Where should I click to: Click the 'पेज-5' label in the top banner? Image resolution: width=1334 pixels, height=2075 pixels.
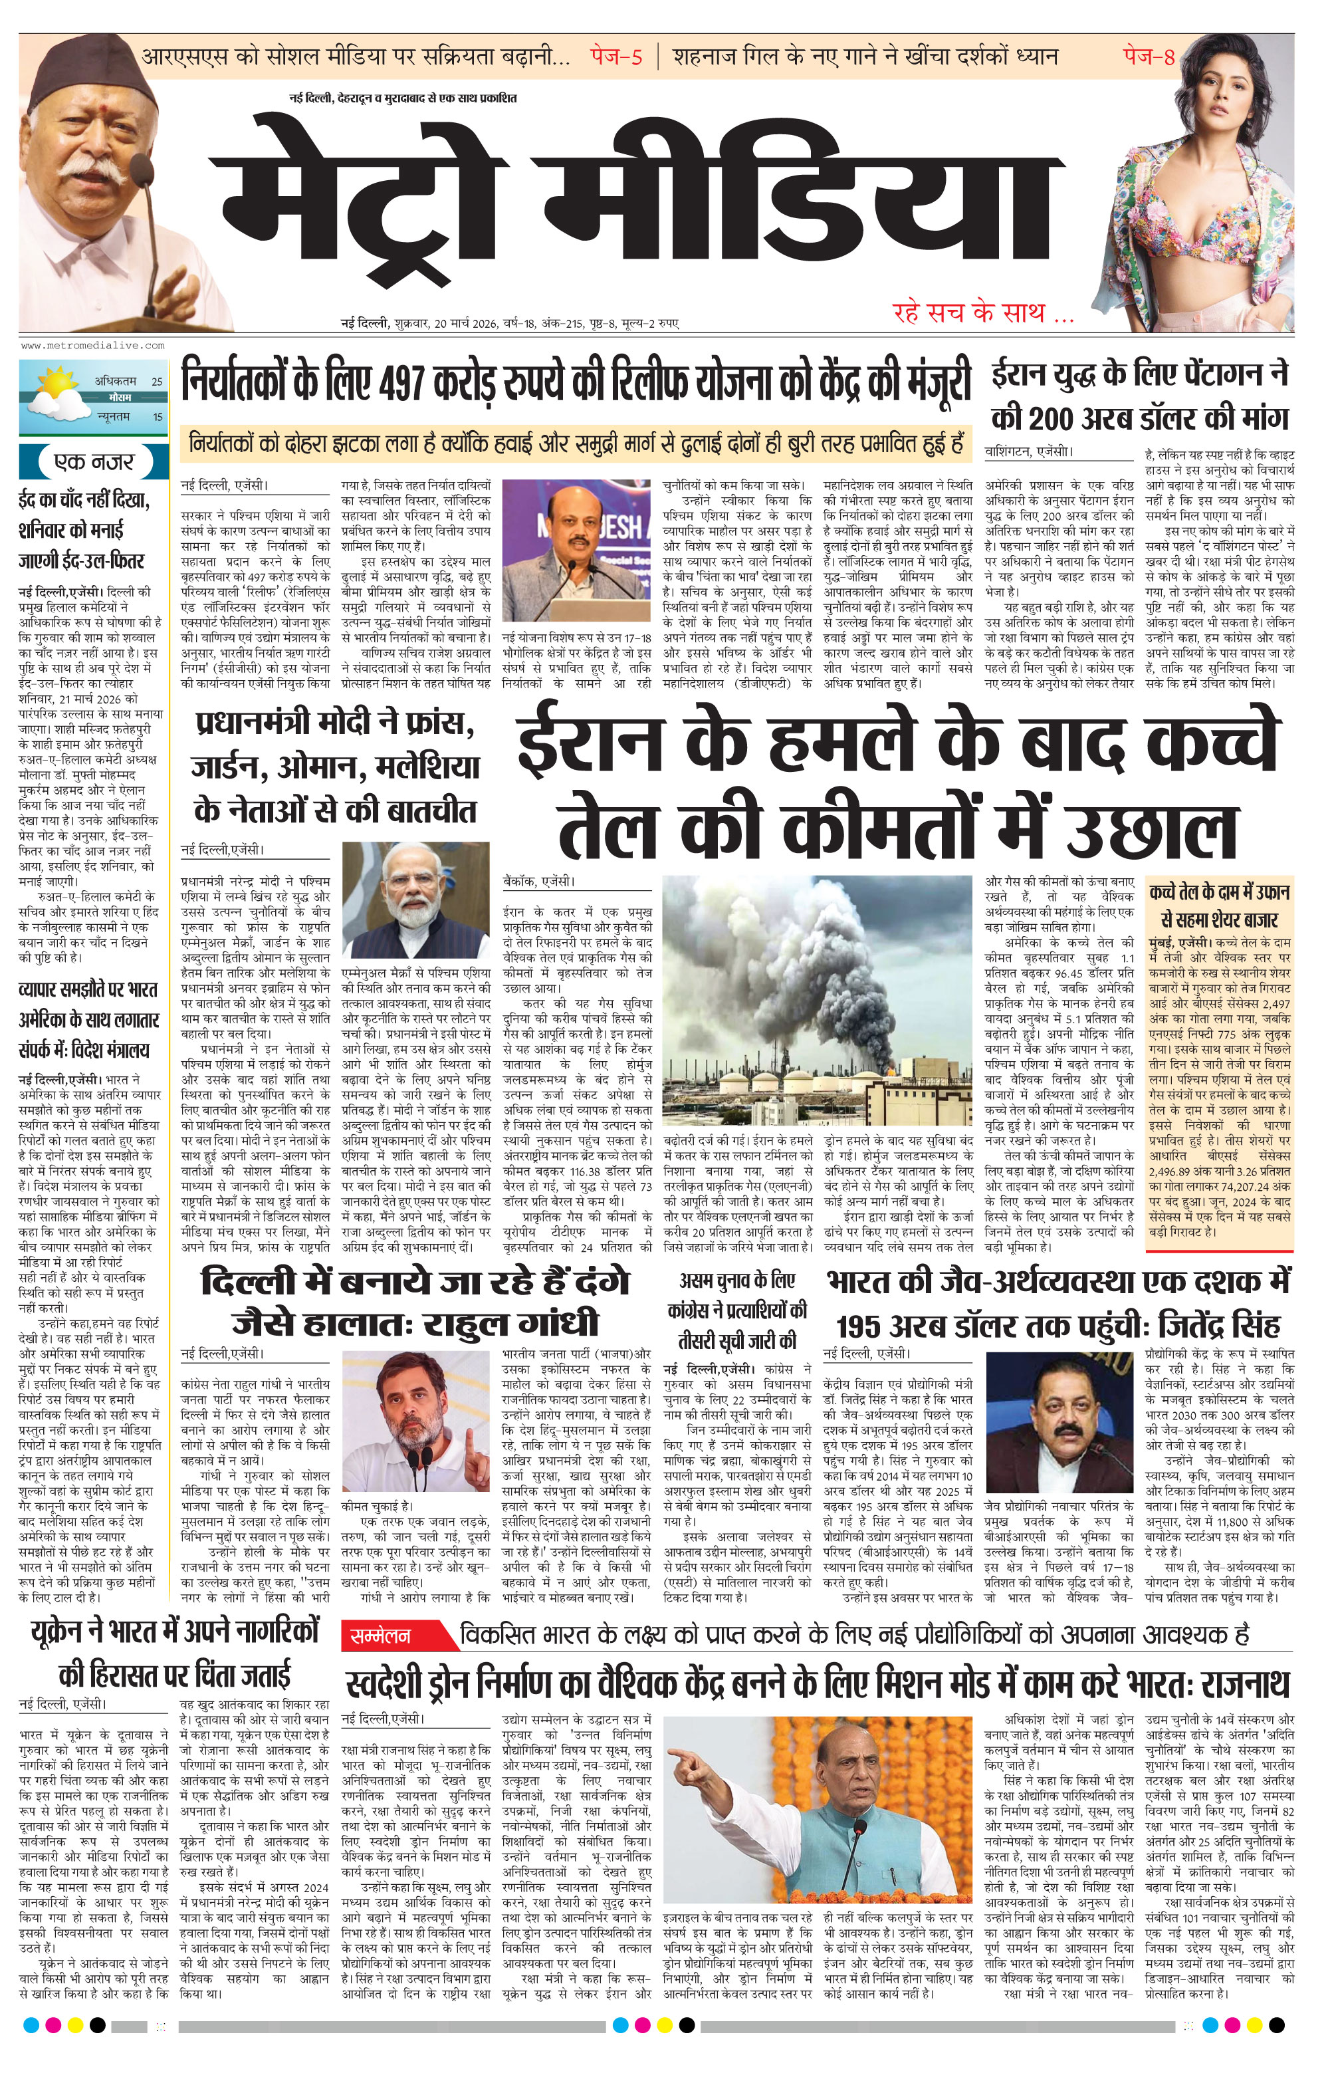click(617, 57)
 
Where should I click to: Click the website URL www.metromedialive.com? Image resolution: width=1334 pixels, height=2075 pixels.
click(92, 345)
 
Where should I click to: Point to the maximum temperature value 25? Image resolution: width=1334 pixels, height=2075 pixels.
click(157, 380)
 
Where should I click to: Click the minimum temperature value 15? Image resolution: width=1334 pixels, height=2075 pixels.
click(157, 417)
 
